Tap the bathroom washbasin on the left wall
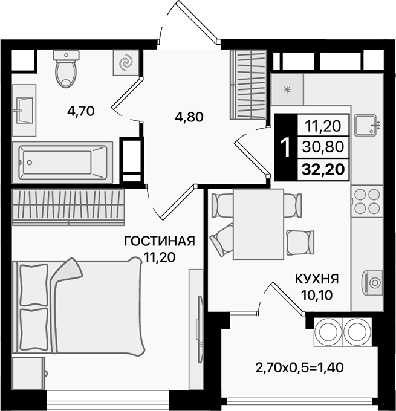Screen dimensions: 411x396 (25, 109)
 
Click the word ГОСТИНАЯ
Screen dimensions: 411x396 (159, 242)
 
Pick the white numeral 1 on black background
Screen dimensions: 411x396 (284, 146)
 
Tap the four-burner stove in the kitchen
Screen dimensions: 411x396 (366, 201)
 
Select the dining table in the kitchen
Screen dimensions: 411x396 (258, 224)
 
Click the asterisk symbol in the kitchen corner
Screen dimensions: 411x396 (287, 89)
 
